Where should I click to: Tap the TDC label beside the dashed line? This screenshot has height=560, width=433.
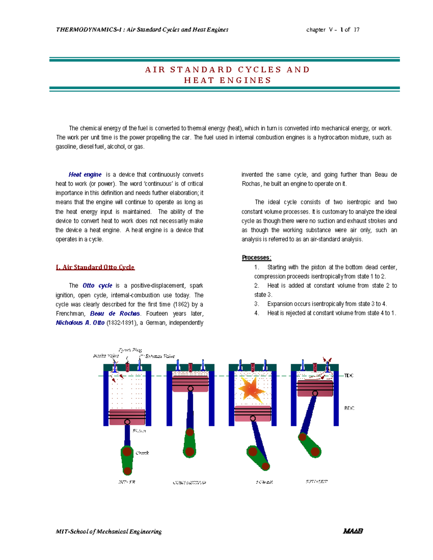click(349, 376)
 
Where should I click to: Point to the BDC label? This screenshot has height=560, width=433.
click(349, 408)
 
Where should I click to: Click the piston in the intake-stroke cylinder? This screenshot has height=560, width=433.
click(127, 416)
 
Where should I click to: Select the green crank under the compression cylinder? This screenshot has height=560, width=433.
click(189, 442)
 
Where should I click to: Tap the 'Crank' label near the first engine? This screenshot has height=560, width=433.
click(142, 453)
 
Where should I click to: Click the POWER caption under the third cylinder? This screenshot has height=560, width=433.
click(264, 482)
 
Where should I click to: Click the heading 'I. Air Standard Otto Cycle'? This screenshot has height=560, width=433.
click(95, 267)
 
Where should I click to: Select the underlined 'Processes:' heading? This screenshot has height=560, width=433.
click(257, 257)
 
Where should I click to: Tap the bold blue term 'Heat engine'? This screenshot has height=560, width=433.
click(85, 175)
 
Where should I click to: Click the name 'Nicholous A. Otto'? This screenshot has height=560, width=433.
click(80, 323)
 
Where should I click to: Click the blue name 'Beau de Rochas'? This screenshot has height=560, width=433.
click(115, 313)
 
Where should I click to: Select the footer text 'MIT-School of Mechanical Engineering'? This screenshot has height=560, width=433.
click(109, 532)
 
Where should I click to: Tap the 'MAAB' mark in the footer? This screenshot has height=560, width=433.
click(353, 531)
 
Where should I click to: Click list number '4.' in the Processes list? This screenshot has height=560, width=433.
click(257, 313)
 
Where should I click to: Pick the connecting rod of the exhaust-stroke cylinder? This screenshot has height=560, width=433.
click(309, 415)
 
